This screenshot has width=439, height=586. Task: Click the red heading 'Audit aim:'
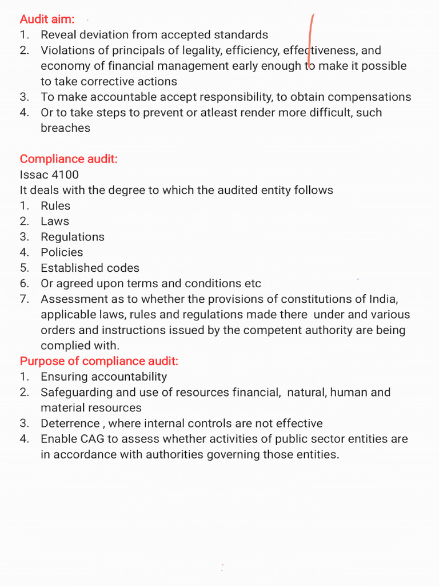47,19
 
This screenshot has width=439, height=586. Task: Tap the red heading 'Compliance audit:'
69,159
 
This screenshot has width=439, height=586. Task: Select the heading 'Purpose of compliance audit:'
99,361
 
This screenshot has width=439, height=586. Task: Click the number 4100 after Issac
65,175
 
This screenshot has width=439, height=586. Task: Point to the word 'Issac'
33,175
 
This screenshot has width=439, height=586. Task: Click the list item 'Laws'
55,221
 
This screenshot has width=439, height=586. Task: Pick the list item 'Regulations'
73,237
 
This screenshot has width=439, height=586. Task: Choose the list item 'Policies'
62,252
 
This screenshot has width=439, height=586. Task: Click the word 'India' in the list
382,299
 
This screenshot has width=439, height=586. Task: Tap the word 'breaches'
65,128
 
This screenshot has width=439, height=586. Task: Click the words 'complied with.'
80,346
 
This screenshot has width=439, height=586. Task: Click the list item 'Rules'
55,205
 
